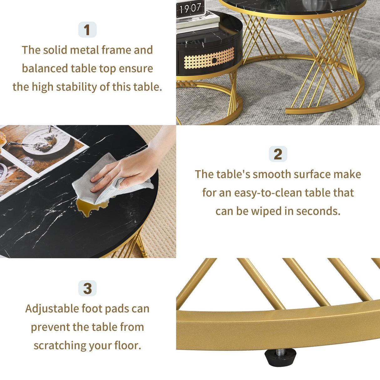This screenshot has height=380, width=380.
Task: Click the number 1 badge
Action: click(87, 30)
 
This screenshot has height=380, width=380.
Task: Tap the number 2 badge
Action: click(278, 154)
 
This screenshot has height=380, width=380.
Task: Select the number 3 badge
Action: click(87, 288)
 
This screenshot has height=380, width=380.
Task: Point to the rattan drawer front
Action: click(209, 59)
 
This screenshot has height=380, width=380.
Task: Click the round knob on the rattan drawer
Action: click(214, 60)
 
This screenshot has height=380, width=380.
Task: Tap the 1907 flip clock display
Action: click(190, 8)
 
